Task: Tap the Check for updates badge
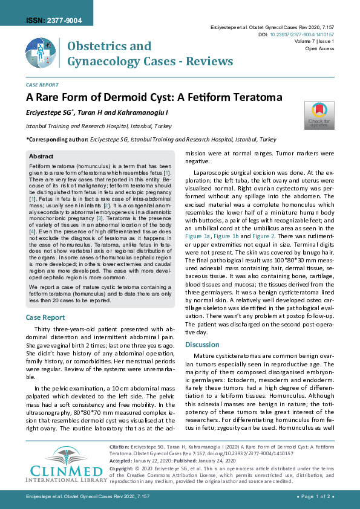pyautogui.click(x=318, y=115)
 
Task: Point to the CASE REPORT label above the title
pyautogui.click(x=42, y=85)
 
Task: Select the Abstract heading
pyautogui.click(x=41, y=156)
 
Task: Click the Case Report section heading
pyautogui.click(x=45, y=317)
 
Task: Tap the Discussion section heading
pyautogui.click(x=202, y=345)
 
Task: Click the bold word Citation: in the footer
pyautogui.click(x=119, y=446)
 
